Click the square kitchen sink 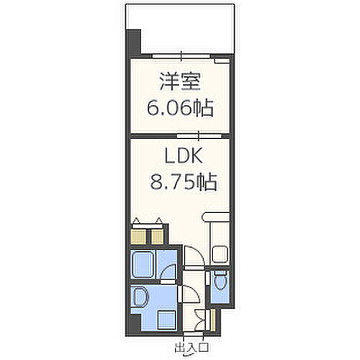pos(220,251)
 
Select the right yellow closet pos(156,234)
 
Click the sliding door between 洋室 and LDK pos(189,135)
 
